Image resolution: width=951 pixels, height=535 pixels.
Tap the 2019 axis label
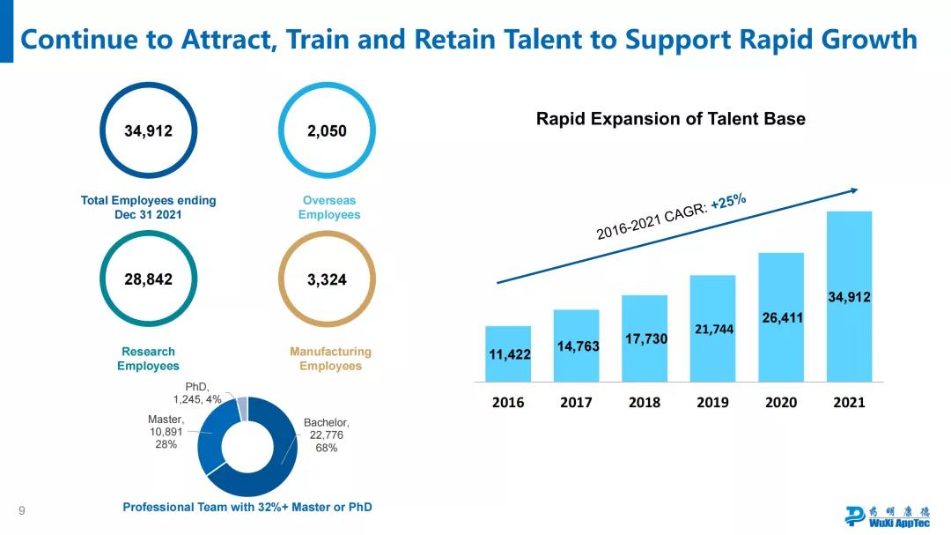(x=712, y=403)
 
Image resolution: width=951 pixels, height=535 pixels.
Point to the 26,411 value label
(x=782, y=318)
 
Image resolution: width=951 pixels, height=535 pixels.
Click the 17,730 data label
(x=645, y=338)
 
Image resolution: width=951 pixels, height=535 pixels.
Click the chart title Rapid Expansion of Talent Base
(x=670, y=119)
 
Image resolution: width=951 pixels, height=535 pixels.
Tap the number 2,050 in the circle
(x=327, y=131)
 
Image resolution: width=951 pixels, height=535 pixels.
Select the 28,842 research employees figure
(x=148, y=279)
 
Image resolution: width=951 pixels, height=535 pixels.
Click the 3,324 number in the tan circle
(x=327, y=280)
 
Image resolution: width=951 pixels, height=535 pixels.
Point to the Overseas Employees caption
(x=329, y=208)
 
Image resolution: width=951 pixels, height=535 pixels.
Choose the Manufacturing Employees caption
(x=330, y=359)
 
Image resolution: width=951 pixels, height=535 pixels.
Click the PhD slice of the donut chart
(x=242, y=407)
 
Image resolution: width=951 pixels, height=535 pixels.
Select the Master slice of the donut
(x=212, y=445)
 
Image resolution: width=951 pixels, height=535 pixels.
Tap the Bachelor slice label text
(x=327, y=435)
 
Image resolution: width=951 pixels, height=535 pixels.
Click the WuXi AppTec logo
(x=886, y=516)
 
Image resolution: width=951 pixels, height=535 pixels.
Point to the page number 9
(x=21, y=510)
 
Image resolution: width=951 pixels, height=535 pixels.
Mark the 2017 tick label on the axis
(x=577, y=403)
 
